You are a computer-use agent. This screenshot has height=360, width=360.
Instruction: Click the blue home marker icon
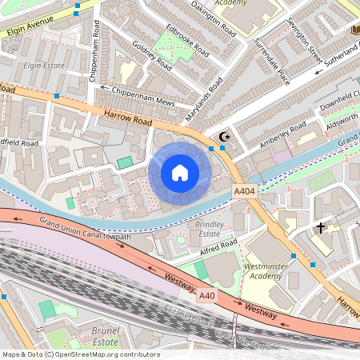point(179,173)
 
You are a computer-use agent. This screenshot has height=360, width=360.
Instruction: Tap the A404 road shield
point(244,192)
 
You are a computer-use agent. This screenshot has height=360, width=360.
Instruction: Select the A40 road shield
point(207,296)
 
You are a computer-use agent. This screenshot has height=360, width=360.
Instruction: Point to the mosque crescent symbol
point(225,138)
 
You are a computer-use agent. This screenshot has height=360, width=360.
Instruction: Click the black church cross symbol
point(321,228)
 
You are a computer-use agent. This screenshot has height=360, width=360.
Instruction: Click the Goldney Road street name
point(151,55)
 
